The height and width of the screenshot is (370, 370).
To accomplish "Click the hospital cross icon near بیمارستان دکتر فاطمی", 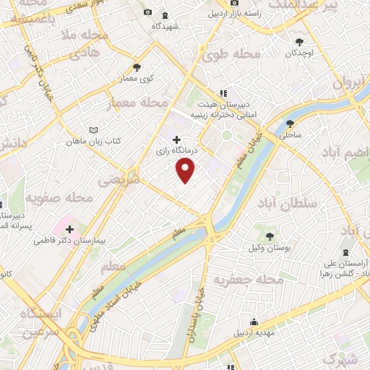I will click(69, 249).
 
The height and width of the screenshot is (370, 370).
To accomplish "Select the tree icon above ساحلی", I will click(290, 123).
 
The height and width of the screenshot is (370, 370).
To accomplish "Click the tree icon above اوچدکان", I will click(300, 42).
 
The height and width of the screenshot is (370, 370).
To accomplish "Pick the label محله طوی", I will click(231, 55).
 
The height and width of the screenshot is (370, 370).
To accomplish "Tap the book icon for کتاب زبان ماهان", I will click(92, 130).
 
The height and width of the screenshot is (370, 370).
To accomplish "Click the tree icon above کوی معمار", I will click(137, 67).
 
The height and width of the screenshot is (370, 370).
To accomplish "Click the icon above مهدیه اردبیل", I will click(254, 322).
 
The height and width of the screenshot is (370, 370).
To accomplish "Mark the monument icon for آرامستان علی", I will click(344, 252).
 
